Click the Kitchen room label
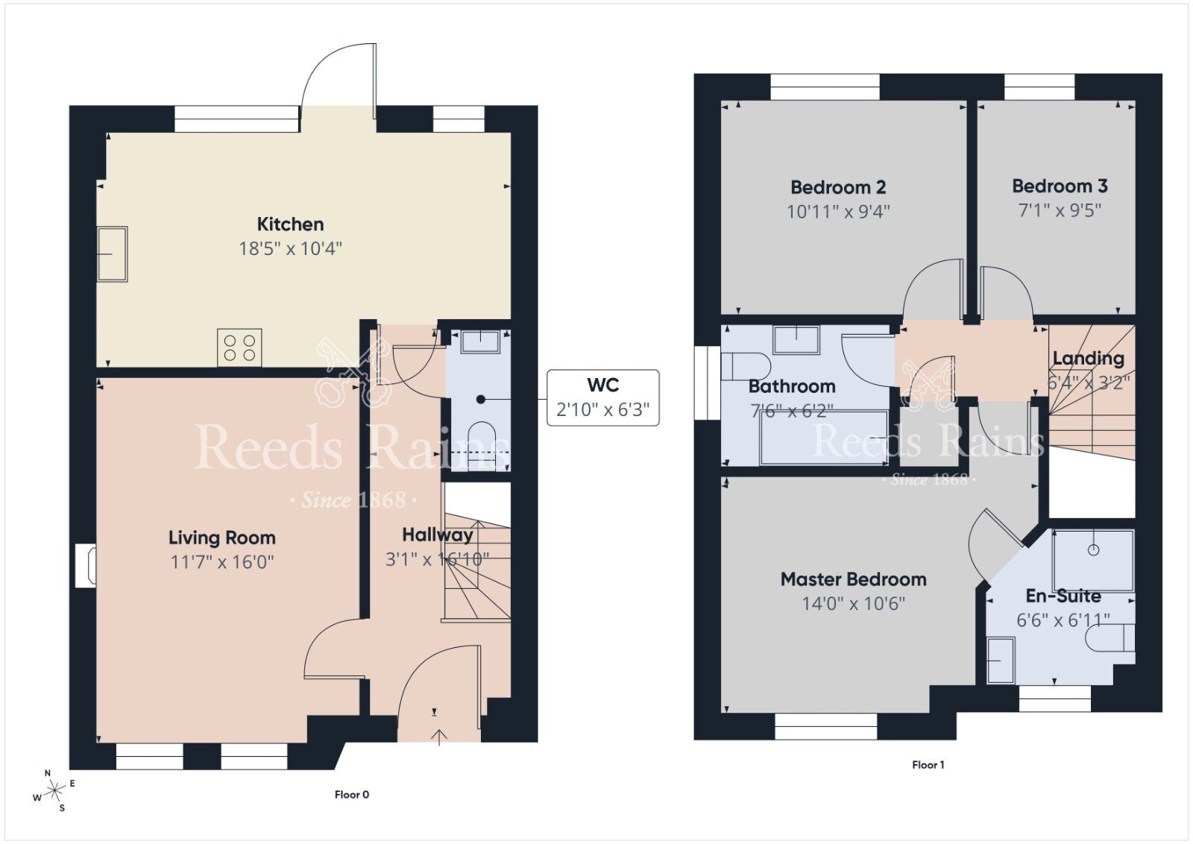point(290,224)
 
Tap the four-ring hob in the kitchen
point(239,347)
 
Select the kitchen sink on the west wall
point(113,253)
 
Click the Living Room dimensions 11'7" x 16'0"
point(222,561)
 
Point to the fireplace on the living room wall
point(86,565)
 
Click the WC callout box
point(602,397)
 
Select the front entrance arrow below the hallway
point(439,737)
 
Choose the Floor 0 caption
point(351,795)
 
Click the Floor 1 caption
point(928,765)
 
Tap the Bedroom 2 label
point(838,187)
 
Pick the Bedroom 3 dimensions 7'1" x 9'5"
point(1060,210)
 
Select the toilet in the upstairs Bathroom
point(746,366)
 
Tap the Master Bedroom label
point(853,579)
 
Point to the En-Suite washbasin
point(1001,660)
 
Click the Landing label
point(1088,359)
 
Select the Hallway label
point(437,535)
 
